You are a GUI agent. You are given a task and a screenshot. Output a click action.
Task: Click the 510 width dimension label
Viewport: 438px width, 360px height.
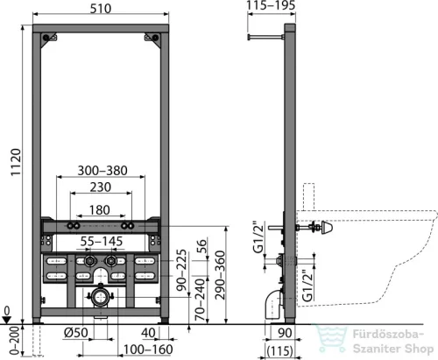point(101,9)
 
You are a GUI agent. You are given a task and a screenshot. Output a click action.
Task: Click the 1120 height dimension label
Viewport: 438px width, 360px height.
point(16,162)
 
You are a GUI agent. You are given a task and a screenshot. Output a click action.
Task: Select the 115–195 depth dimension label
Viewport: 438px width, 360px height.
point(271,5)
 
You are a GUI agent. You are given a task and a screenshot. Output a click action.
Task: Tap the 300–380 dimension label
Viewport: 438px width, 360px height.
point(102,171)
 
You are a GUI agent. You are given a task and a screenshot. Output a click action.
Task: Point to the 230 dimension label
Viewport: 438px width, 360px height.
point(101,187)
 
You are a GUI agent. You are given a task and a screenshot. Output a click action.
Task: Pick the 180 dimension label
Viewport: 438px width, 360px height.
point(100,210)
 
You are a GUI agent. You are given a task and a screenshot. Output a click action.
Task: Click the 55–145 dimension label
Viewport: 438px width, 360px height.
point(102,242)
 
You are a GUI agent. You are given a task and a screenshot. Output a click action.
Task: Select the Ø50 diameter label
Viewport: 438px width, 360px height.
point(75,333)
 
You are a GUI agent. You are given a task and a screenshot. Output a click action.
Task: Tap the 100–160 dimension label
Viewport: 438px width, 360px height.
point(148,349)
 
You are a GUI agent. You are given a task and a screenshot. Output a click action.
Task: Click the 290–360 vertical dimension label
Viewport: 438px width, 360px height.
point(220,275)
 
